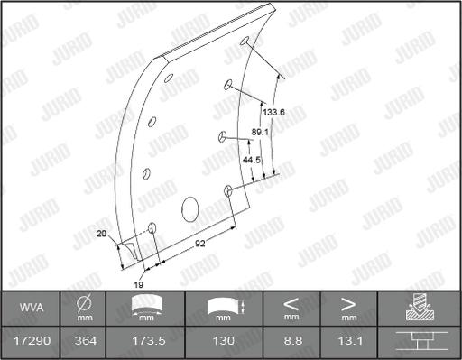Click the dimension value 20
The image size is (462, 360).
[100, 234]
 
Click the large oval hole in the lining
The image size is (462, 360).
[190, 208]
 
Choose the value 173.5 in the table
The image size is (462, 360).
[146, 340]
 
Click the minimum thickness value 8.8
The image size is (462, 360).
[291, 340]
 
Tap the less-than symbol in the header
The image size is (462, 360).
[291, 303]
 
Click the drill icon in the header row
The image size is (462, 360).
[418, 308]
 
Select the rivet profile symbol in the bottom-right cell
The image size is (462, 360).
[418, 340]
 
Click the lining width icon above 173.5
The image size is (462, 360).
[146, 308]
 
